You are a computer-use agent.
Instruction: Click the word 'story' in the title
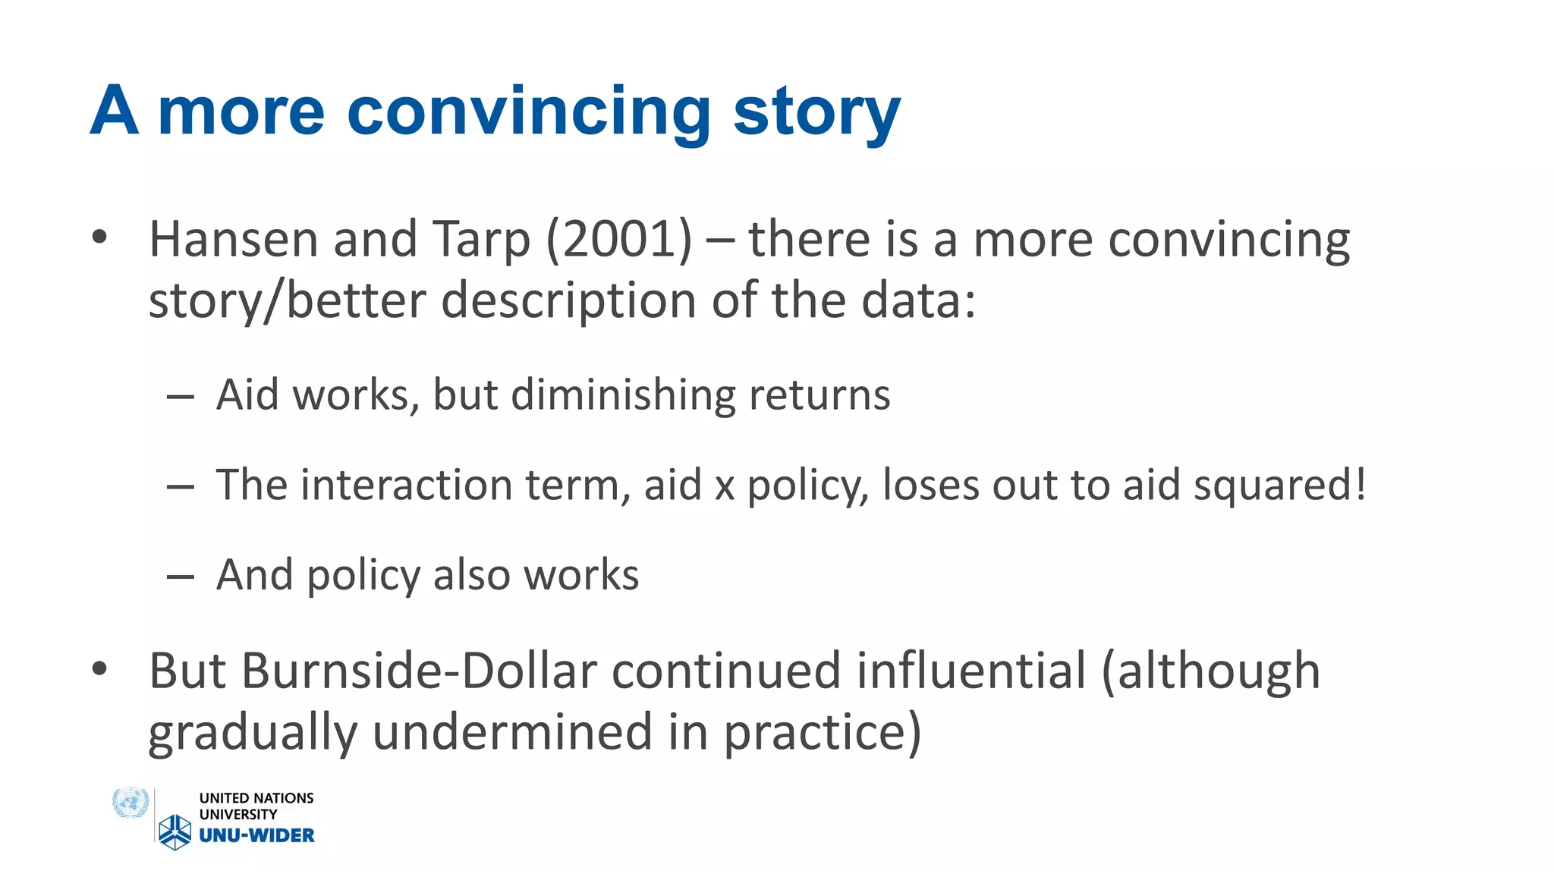pyautogui.click(x=816, y=114)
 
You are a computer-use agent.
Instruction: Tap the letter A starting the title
pyautogui.click(x=115, y=112)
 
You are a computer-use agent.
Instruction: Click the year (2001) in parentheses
pyautogui.click(x=618, y=240)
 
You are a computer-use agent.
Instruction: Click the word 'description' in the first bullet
pyautogui.click(x=569, y=301)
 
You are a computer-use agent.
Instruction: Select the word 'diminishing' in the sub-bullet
pyautogui.click(x=623, y=396)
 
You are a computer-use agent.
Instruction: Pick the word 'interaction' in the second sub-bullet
pyautogui.click(x=407, y=485)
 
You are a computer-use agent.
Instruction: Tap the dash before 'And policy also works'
pyautogui.click(x=181, y=577)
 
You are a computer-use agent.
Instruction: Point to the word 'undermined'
pyautogui.click(x=512, y=733)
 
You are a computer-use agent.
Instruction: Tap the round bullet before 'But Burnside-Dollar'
pyautogui.click(x=99, y=669)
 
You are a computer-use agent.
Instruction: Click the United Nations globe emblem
pyautogui.click(x=130, y=803)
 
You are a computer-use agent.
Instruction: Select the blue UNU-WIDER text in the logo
pyautogui.click(x=256, y=835)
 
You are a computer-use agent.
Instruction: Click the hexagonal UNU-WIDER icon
pyautogui.click(x=175, y=832)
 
